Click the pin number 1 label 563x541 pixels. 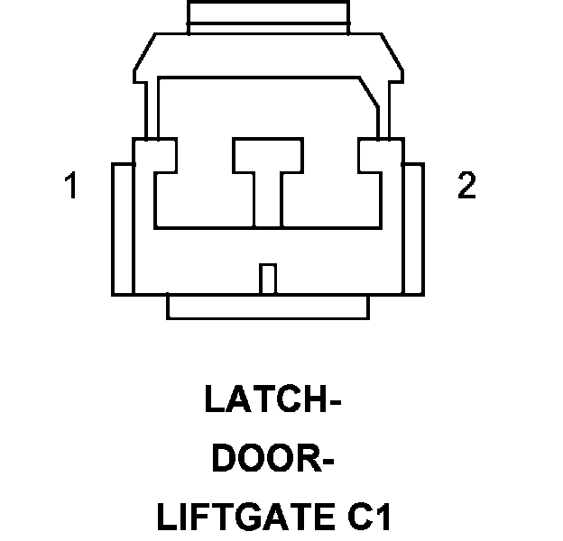70,188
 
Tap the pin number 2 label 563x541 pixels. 466,187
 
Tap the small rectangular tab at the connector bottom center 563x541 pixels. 266,278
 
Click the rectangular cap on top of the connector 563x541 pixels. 267,17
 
